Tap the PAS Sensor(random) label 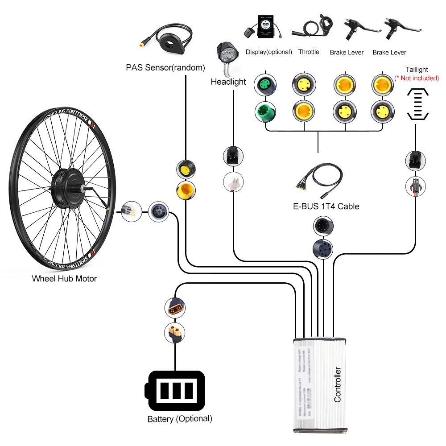pos(165,68)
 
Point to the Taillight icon pos(418,103)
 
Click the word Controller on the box pos(338,384)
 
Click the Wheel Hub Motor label pos(64,279)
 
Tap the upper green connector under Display pos(265,84)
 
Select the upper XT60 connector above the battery pos(175,307)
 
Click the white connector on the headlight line pos(233,182)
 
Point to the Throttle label pos(309,52)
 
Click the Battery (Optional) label pos(180,419)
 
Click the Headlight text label pos(228,82)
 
